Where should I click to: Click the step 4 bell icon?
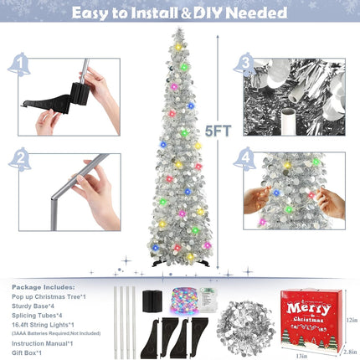[x=244, y=156]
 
